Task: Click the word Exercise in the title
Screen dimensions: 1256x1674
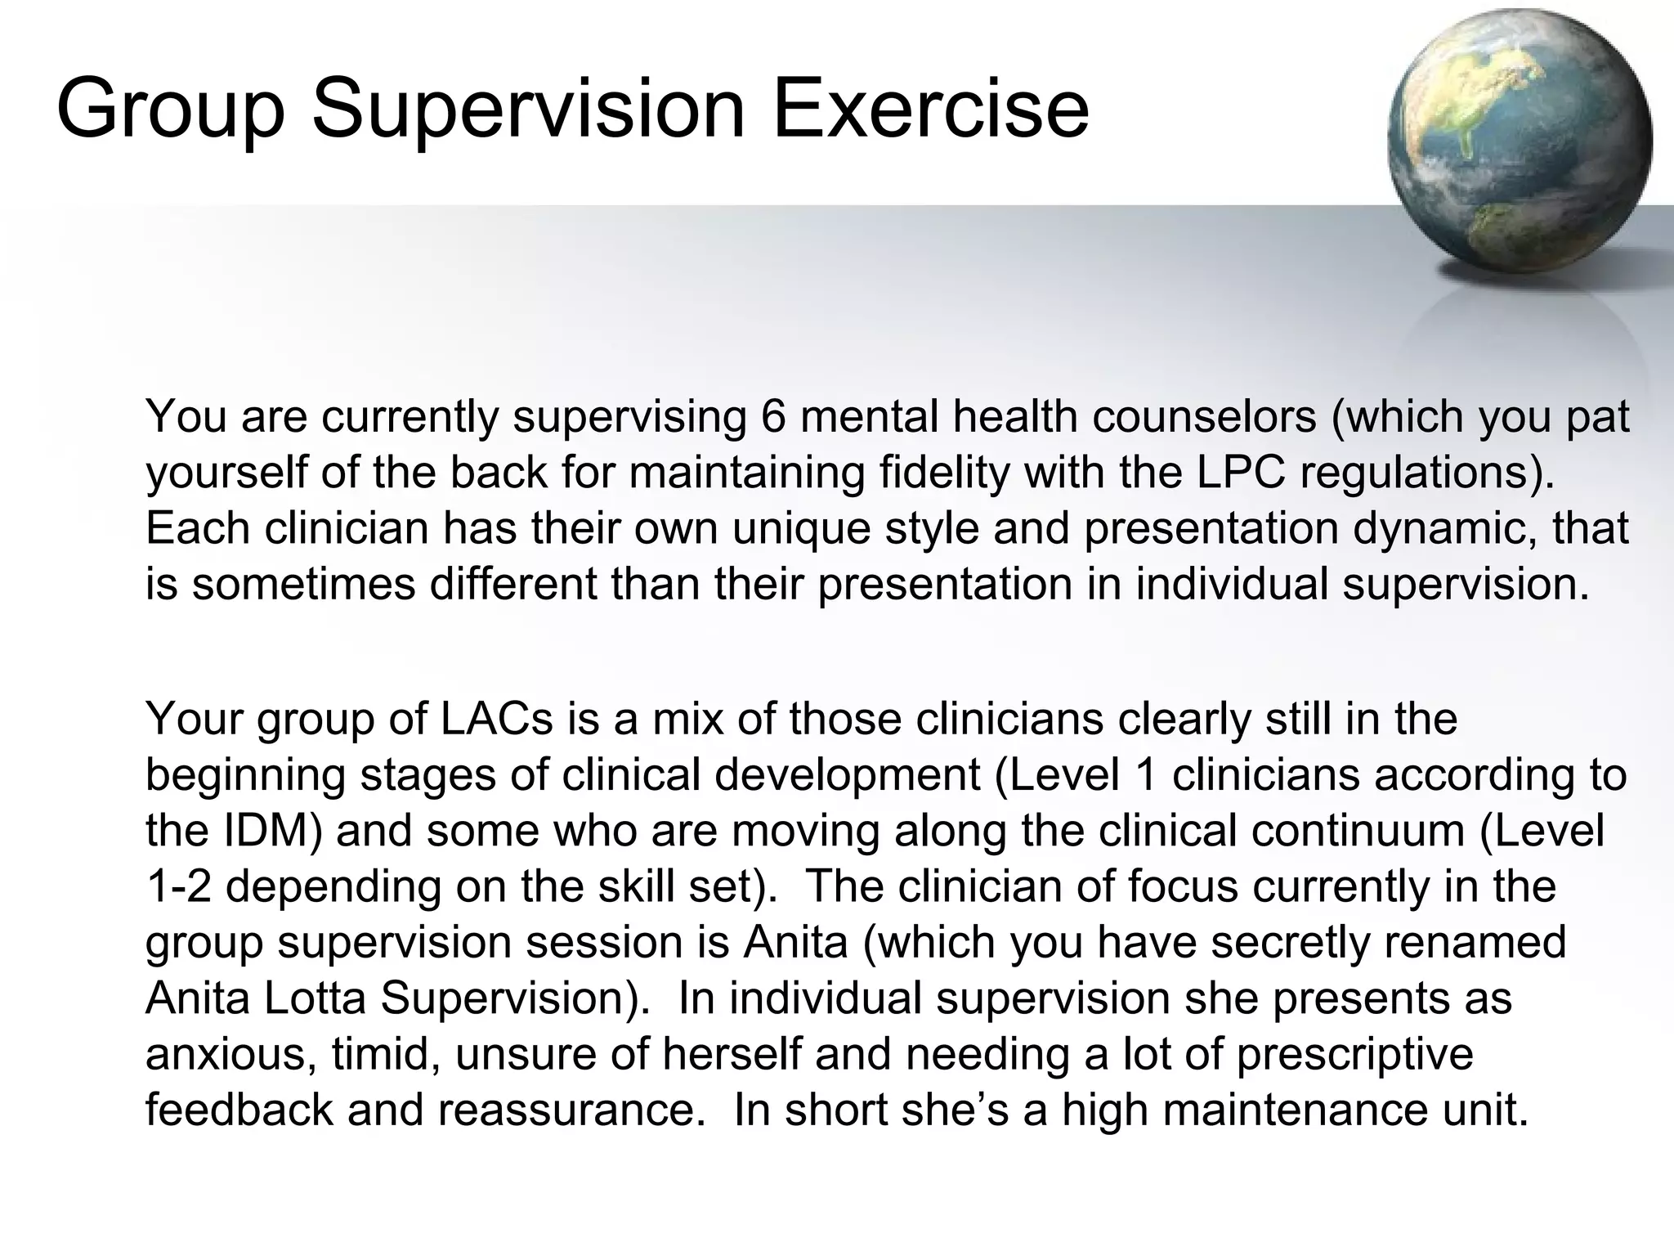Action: pos(930,108)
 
